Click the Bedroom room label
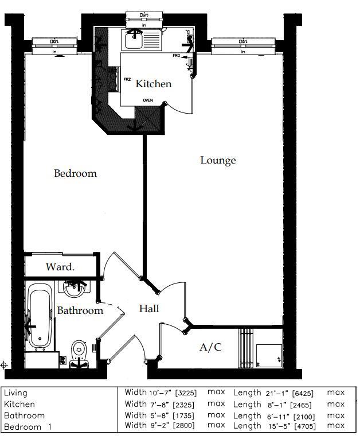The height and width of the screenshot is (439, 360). point(75,173)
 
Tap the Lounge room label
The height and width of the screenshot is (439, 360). point(218,160)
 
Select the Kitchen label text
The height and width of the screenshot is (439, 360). point(153,84)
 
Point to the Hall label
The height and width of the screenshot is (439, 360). point(149,309)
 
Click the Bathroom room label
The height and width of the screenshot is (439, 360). point(80,310)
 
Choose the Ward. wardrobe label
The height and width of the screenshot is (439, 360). point(60,267)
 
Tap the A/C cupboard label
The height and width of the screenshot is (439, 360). point(210,347)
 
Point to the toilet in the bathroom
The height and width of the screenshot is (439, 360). point(79,349)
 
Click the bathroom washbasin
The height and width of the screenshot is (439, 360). point(73,289)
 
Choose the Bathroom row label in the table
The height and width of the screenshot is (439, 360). point(24,415)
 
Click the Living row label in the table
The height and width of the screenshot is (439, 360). point(15,393)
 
